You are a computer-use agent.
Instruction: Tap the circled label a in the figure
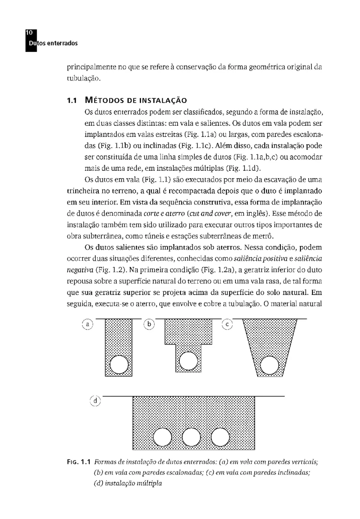click(x=88, y=324)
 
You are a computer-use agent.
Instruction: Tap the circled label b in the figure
click(x=149, y=324)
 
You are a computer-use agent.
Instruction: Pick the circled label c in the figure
click(x=228, y=324)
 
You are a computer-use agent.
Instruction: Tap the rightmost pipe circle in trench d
click(x=219, y=437)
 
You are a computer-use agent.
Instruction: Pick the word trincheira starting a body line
click(x=82, y=191)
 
